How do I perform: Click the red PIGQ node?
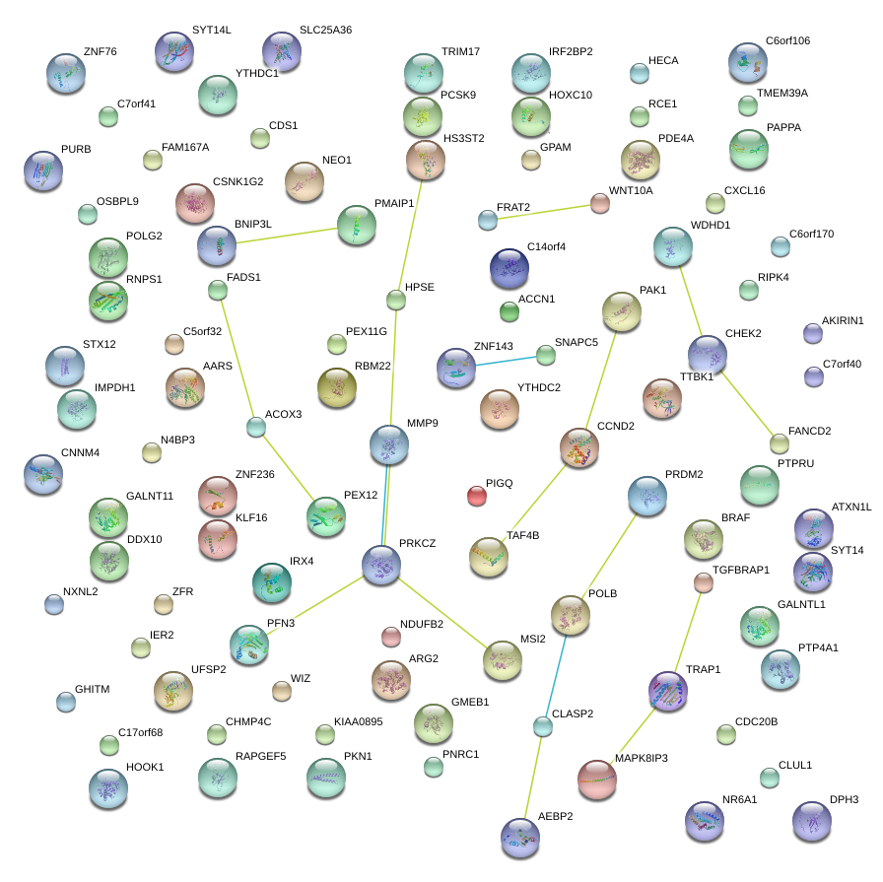476,496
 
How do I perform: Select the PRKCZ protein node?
381,565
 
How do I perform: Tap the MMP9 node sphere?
389,445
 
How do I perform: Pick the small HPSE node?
396,300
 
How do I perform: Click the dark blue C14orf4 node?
509,269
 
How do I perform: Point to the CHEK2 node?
708,355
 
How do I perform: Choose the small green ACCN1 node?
509,312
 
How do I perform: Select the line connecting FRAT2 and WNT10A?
544,212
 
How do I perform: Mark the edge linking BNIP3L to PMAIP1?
286,237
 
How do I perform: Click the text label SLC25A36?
325,31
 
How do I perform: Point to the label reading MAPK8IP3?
641,758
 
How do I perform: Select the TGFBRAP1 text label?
740,571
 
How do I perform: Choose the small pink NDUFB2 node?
391,637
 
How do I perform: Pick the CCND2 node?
578,447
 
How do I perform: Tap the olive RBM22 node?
337,387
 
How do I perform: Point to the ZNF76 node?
66,72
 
